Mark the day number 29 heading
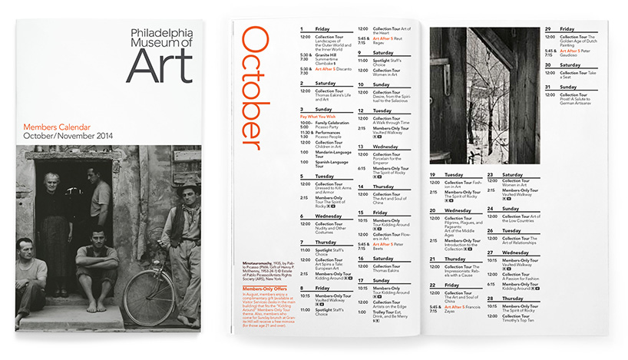pyautogui.click(x=548, y=29)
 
